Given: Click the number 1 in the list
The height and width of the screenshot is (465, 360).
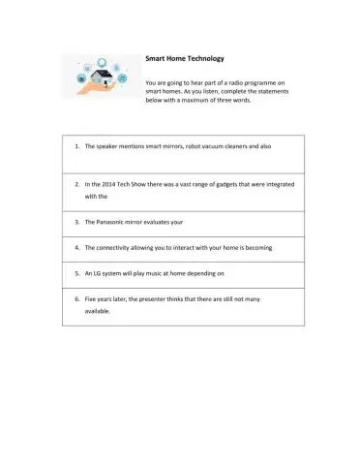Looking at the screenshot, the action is coord(75,146).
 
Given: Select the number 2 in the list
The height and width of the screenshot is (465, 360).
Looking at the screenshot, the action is coord(75,183).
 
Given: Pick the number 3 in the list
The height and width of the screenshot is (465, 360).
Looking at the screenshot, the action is coord(75,221).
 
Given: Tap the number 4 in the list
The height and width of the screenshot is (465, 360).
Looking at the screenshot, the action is coord(75,247).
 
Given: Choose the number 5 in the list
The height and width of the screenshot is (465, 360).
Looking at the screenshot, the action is coord(75,274).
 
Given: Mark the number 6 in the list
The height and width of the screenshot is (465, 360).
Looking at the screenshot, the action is coord(75,299).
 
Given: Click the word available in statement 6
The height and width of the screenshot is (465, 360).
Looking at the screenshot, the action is coord(99,312).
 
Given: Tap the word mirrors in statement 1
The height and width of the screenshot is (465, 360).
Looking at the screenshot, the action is coord(170,146).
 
